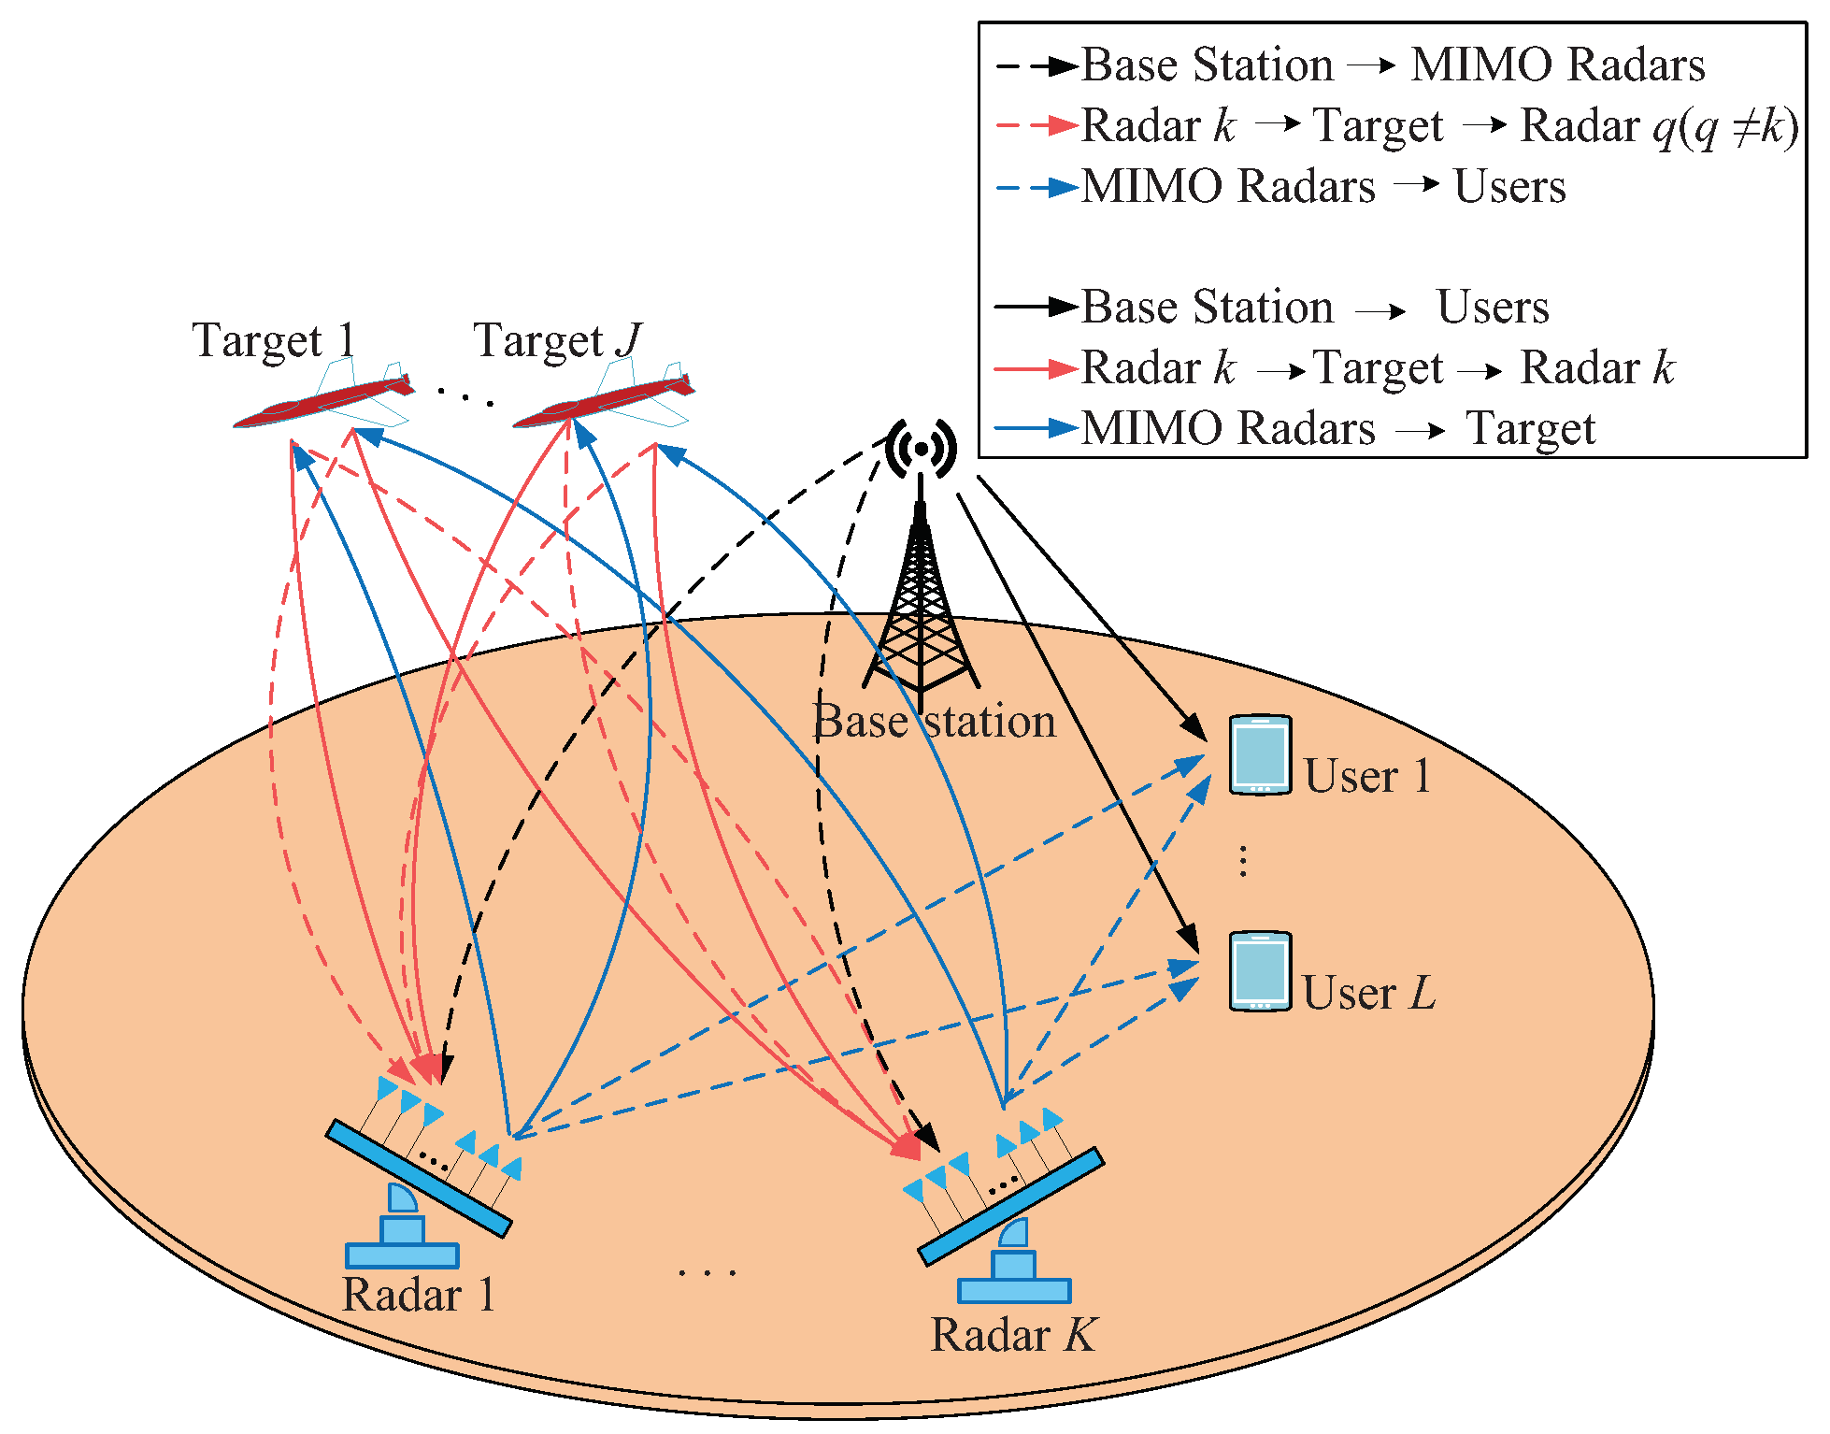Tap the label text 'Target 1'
(x=273, y=340)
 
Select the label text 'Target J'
(x=557, y=340)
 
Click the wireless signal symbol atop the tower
(x=921, y=449)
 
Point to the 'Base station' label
(x=935, y=722)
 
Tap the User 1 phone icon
(x=1260, y=754)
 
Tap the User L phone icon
(x=1260, y=971)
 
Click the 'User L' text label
(x=1368, y=993)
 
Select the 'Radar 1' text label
(x=418, y=1296)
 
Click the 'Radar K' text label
(x=1013, y=1335)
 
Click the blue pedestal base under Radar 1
(x=402, y=1254)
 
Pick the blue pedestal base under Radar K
(x=1014, y=1290)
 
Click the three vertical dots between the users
(x=1243, y=860)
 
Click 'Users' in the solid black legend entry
(x=1493, y=308)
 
